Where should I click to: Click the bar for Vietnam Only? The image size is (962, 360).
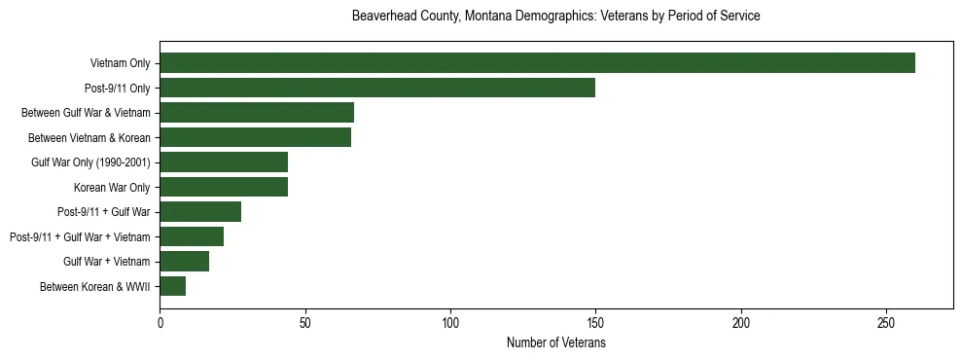537,63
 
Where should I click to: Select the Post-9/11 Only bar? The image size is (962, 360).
377,88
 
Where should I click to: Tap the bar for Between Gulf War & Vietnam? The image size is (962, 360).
257,113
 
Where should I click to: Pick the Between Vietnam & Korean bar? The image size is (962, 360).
256,137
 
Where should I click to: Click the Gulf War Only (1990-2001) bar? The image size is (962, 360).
224,162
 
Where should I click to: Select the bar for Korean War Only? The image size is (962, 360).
224,187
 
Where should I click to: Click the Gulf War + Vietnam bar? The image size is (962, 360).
185,262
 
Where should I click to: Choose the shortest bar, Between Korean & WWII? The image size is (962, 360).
173,286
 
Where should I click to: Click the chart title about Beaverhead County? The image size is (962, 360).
555,17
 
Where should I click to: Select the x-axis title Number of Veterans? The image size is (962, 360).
555,343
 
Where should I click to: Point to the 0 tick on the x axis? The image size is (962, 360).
160,322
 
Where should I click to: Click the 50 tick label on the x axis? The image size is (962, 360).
305,322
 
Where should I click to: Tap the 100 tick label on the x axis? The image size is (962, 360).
450,322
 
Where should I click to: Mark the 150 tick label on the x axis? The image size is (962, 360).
595,322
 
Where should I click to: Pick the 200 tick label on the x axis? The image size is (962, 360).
741,322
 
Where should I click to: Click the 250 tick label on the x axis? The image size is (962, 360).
886,322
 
